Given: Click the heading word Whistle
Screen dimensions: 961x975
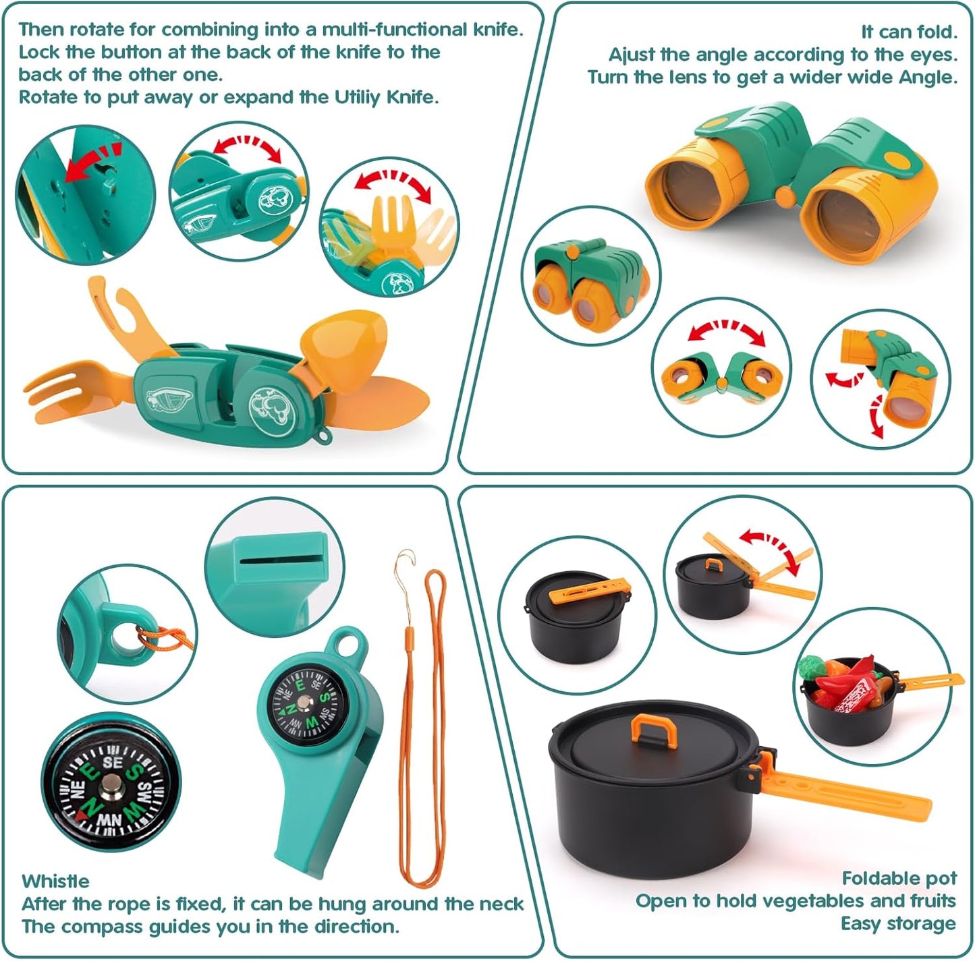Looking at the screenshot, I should point(55,881).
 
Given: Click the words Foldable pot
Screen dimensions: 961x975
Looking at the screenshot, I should point(899,878).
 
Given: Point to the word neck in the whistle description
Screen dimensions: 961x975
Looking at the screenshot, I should point(501,904).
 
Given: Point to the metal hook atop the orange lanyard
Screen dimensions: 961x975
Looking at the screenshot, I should point(404,563).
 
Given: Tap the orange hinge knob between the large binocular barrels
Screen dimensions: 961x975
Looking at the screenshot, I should point(784,196).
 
